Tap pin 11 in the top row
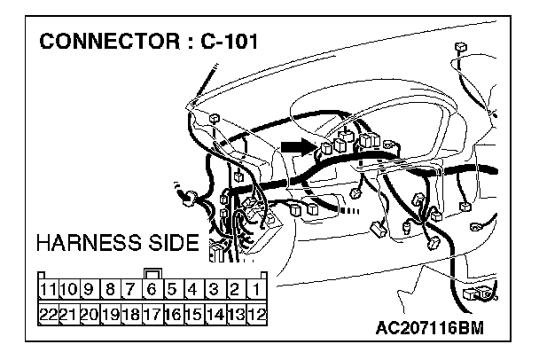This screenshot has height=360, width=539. pos(47,289)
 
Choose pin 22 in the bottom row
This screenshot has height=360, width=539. pos(47,313)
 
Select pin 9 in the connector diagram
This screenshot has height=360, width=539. pos(89,289)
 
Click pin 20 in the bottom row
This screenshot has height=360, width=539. pos(89,313)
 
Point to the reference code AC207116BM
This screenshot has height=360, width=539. pos(431,330)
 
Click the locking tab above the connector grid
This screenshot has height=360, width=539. pos(152,273)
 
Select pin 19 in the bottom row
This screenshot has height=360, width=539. pos(109,313)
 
